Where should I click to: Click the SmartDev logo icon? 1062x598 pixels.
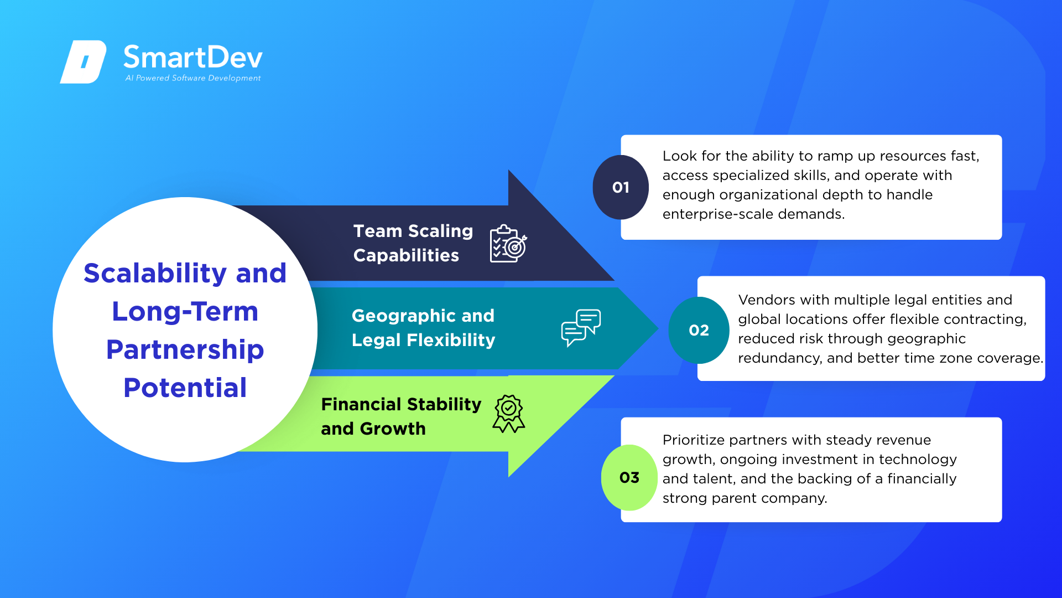click(x=83, y=61)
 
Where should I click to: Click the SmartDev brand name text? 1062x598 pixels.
click(x=193, y=57)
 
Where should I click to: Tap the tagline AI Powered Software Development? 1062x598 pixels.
click(x=193, y=78)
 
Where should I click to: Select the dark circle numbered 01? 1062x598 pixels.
click(x=621, y=187)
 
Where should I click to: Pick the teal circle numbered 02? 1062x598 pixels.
click(x=699, y=330)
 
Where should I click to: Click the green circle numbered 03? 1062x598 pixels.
click(x=629, y=477)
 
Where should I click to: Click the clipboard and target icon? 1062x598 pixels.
click(x=508, y=244)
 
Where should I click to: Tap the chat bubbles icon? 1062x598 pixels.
click(x=581, y=328)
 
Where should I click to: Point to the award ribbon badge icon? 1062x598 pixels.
click(x=509, y=414)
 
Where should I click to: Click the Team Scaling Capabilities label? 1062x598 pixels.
click(x=413, y=243)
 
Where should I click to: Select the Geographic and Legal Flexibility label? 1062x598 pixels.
click(x=423, y=328)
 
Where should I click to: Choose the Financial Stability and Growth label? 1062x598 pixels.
click(x=401, y=416)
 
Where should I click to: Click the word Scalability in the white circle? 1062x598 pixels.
click(x=155, y=274)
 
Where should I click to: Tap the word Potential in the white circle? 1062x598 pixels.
click(x=185, y=388)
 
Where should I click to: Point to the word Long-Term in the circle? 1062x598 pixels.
click(x=185, y=311)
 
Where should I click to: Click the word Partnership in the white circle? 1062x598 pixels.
click(x=185, y=350)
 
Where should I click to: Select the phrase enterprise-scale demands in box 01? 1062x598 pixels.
click(x=754, y=214)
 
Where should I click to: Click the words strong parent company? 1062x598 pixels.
click(x=745, y=498)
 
